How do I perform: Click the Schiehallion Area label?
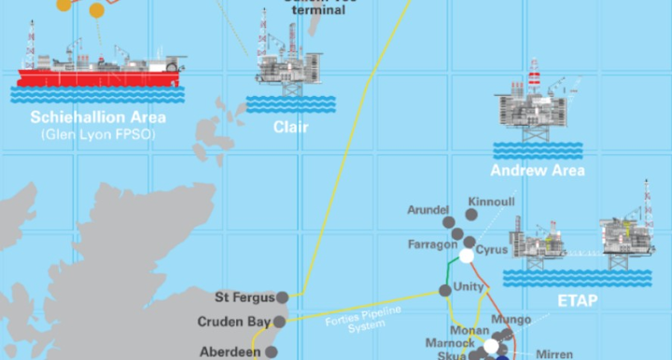point(97,118)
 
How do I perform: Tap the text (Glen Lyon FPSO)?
point(97,134)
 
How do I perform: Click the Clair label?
point(291,126)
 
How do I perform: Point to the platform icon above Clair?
point(290,61)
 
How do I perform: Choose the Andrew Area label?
point(538,171)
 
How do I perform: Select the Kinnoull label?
point(491,202)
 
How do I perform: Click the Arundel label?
point(429,210)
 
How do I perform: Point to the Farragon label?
point(432,244)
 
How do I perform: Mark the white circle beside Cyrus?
point(467,255)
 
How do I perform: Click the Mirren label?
point(555,354)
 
